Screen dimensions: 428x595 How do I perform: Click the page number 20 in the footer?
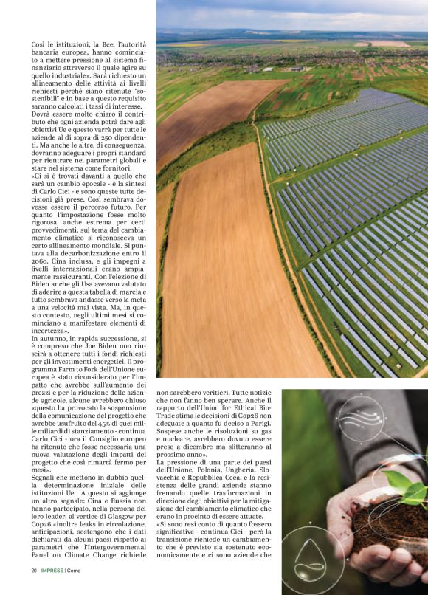click(34, 571)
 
